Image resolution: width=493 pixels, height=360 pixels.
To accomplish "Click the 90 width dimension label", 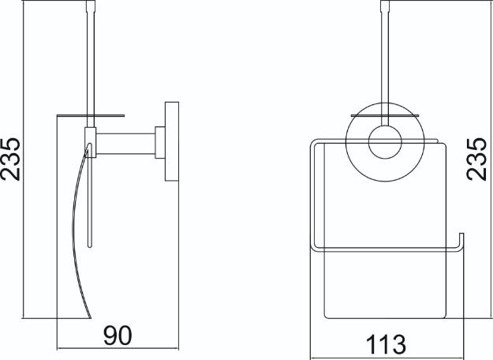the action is click(x=118, y=336).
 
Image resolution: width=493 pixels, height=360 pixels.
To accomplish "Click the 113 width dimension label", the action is click(x=386, y=344).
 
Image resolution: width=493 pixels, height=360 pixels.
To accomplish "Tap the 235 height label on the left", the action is click(x=10, y=159).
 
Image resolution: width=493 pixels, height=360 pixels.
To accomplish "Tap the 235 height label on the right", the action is click(x=476, y=159).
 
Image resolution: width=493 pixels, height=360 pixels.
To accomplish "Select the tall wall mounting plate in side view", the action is click(x=172, y=141).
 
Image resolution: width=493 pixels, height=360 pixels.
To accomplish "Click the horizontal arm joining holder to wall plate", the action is click(x=125, y=144).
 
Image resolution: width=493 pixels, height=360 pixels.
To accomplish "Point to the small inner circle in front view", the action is click(x=385, y=142).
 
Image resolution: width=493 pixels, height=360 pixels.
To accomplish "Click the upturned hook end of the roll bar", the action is click(x=461, y=242).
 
